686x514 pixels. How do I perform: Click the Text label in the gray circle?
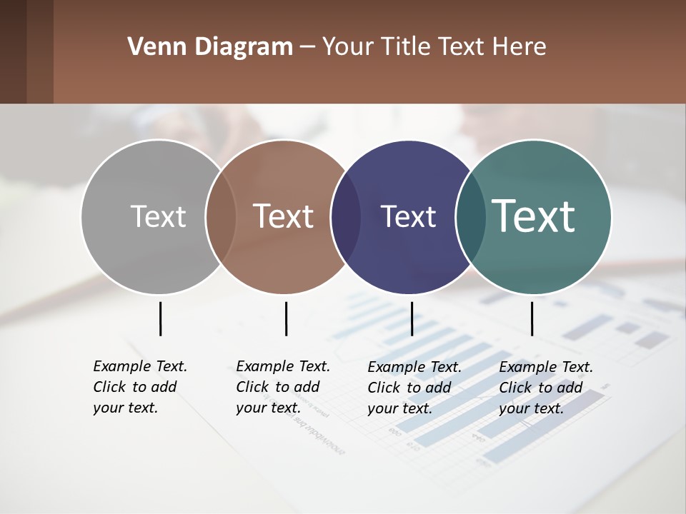click(158, 216)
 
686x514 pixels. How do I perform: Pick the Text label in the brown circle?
click(283, 216)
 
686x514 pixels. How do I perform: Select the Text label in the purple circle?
click(408, 217)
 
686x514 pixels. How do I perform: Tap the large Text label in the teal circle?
click(534, 216)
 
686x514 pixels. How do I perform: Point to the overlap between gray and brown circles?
click(221, 216)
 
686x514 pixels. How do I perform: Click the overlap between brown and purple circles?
click(346, 217)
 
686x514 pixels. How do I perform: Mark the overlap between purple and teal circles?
click(470, 217)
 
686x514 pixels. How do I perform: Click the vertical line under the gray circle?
click(160, 318)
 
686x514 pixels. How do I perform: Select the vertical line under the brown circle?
click(286, 318)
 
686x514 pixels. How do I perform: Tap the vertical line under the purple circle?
click(412, 318)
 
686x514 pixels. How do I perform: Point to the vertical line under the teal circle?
click(532, 318)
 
